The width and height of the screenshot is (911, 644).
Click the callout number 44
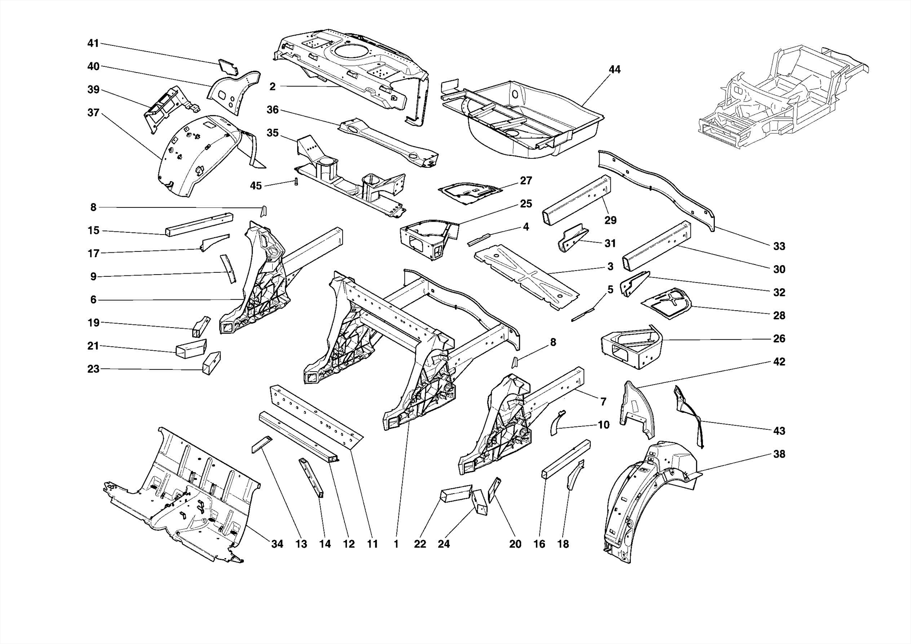pyautogui.click(x=614, y=69)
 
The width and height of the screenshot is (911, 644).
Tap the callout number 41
pyautogui.click(x=93, y=43)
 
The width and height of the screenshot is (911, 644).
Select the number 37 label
pyautogui.click(x=93, y=113)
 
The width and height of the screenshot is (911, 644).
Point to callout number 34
pyautogui.click(x=277, y=544)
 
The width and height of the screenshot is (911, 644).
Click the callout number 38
pyautogui.click(x=779, y=454)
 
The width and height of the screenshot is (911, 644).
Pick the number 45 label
pyautogui.click(x=256, y=186)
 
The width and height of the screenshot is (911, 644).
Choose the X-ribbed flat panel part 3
pyautogui.click(x=525, y=276)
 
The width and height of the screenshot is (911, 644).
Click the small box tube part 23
pyautogui.click(x=212, y=363)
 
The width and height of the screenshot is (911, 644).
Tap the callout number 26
pyautogui.click(x=779, y=339)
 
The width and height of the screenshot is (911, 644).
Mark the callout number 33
pyautogui.click(x=779, y=246)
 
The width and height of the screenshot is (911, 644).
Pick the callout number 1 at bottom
pyautogui.click(x=396, y=544)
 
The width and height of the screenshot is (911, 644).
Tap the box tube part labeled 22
pyautogui.click(x=456, y=493)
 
